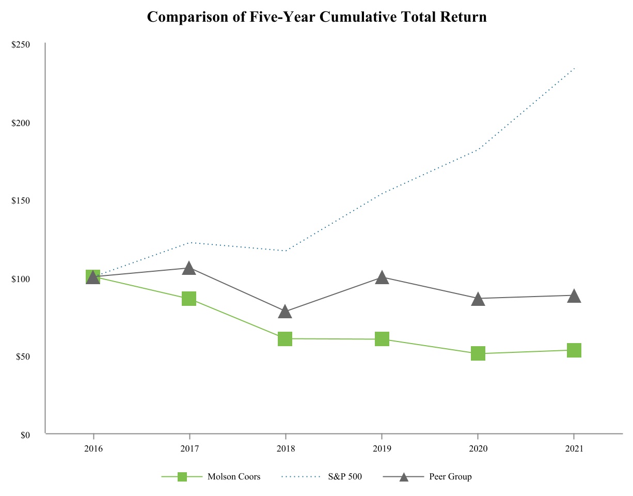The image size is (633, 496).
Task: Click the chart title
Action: pyautogui.click(x=316, y=17)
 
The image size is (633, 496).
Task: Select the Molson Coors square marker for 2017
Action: pyautogui.click(x=189, y=299)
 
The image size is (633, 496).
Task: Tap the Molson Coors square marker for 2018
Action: pyautogui.click(x=285, y=339)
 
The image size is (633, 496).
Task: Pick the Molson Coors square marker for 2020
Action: pyautogui.click(x=478, y=353)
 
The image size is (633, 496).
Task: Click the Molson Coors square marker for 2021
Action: pyautogui.click(x=574, y=350)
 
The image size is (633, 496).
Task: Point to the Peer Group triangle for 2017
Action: pyautogui.click(x=189, y=268)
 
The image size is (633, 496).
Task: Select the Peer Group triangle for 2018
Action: pyautogui.click(x=285, y=312)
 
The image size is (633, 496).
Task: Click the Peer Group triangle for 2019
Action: pyautogui.click(x=382, y=277)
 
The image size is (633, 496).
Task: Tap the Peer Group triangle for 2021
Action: pyautogui.click(x=574, y=296)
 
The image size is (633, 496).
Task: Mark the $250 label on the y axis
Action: pyautogui.click(x=21, y=45)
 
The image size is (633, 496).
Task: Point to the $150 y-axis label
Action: pyautogui.click(x=21, y=201)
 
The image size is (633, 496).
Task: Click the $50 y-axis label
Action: pyautogui.click(x=23, y=357)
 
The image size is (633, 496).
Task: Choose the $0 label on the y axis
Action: pyautogui.click(x=25, y=435)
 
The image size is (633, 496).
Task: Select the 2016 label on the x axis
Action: pyautogui.click(x=93, y=449)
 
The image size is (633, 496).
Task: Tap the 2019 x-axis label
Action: pyautogui.click(x=382, y=449)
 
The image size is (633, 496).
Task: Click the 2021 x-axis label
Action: pyautogui.click(x=574, y=449)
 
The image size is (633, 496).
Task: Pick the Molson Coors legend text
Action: pyautogui.click(x=234, y=476)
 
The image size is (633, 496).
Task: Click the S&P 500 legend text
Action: pyautogui.click(x=345, y=476)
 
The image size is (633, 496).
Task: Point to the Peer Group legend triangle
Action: pyautogui.click(x=404, y=477)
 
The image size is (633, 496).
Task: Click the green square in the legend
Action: pyautogui.click(x=182, y=477)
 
